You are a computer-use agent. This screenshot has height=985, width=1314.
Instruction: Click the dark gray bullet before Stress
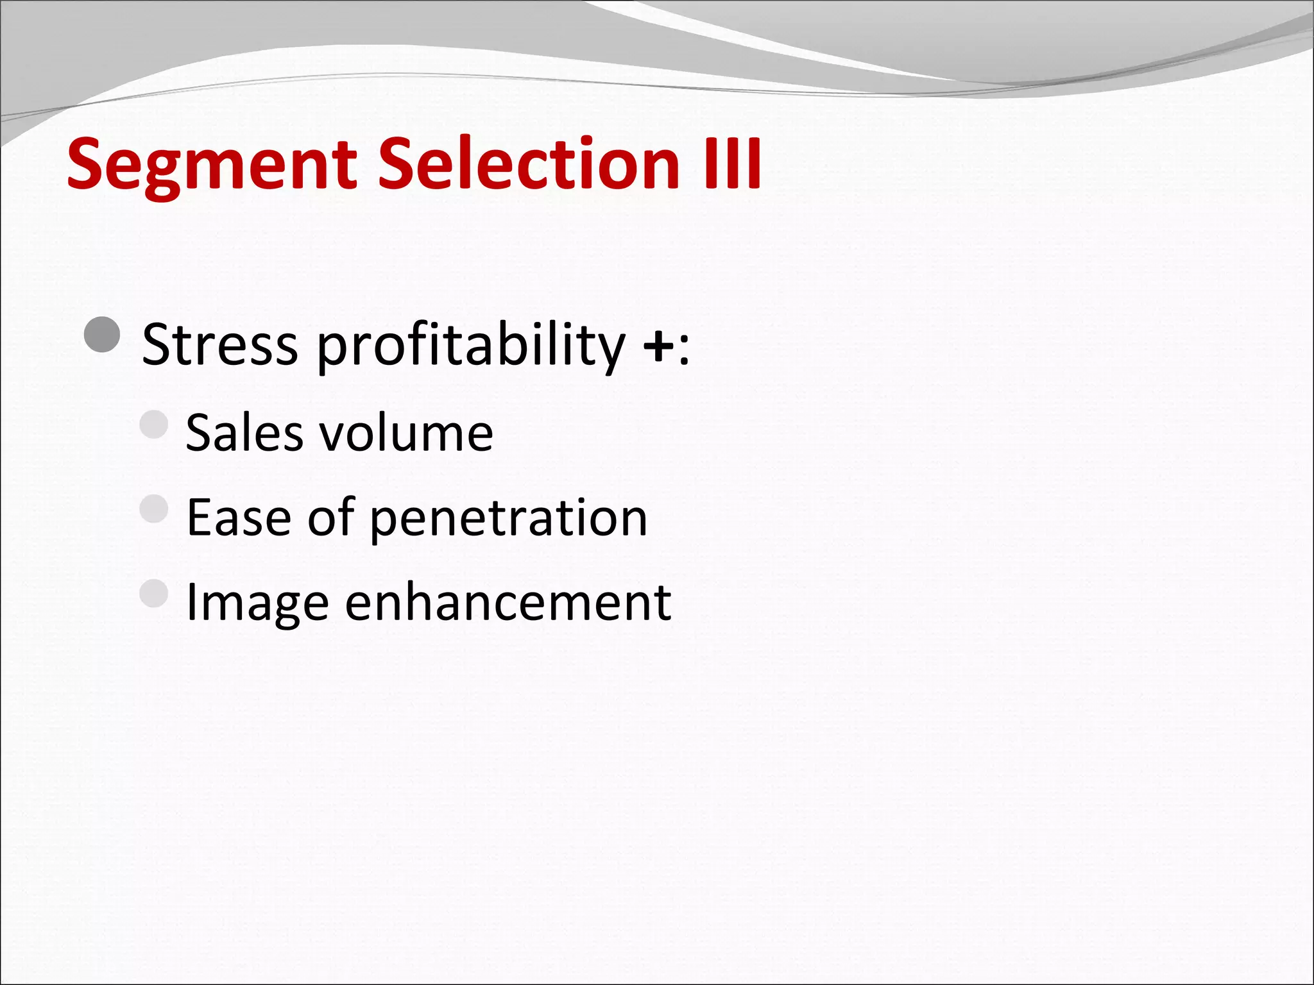(x=102, y=335)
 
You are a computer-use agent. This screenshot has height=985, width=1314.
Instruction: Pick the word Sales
(x=244, y=433)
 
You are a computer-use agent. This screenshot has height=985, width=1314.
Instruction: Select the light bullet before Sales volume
(x=154, y=424)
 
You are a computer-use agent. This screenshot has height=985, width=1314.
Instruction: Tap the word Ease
(x=239, y=518)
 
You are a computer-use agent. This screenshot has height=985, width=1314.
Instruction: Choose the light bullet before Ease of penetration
(x=154, y=509)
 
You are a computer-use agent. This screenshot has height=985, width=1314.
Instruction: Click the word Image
(x=257, y=604)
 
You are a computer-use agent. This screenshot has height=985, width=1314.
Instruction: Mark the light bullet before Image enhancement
(x=154, y=593)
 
